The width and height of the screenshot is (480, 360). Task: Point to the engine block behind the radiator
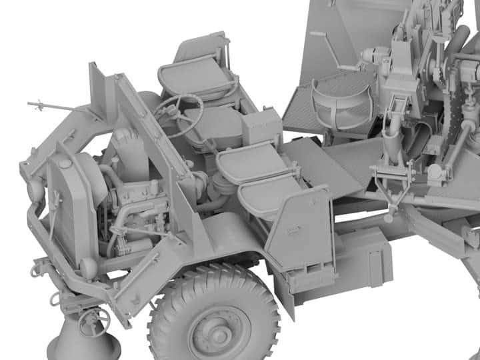pyautogui.click(x=137, y=207)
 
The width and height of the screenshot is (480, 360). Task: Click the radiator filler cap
pyautogui.click(x=64, y=163)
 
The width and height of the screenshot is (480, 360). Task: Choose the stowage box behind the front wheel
pyautogui.click(x=363, y=257)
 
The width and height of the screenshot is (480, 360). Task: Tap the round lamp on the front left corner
pyautogui.click(x=34, y=190)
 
